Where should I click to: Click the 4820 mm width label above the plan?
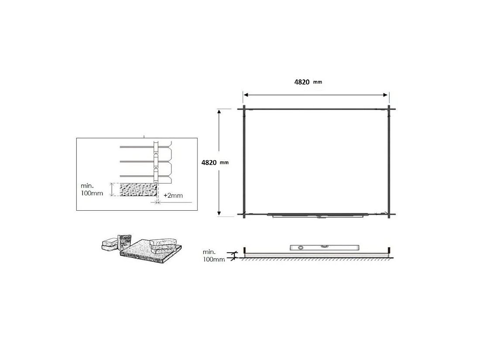(x=308, y=82)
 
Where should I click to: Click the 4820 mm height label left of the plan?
(x=215, y=163)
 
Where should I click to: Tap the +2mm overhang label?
(x=173, y=195)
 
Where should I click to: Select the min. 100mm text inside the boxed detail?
(x=92, y=189)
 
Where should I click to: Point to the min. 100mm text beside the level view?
(x=214, y=256)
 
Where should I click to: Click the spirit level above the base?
(x=325, y=247)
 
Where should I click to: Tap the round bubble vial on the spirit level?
(x=301, y=247)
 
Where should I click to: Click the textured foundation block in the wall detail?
(x=138, y=190)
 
